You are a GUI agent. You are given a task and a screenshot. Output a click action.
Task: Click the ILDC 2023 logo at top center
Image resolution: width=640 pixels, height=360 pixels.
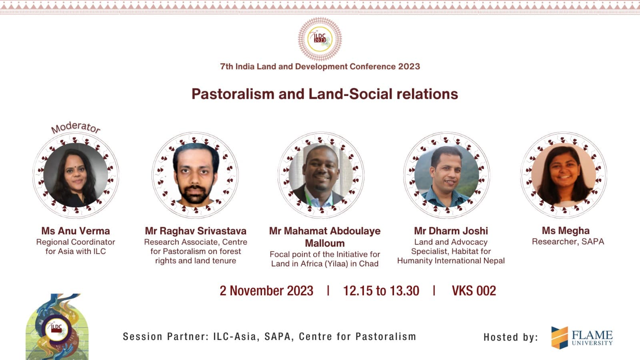(x=320, y=39)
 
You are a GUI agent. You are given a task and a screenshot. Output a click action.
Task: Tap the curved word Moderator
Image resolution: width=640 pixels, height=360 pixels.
(x=76, y=128)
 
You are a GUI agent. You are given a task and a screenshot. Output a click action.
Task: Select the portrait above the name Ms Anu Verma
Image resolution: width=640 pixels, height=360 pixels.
(x=76, y=175)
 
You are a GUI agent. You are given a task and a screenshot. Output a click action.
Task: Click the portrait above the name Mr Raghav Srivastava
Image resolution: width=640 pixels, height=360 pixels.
(x=196, y=175)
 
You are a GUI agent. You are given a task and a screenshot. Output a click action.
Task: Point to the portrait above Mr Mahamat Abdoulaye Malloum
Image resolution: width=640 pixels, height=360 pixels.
(x=321, y=175)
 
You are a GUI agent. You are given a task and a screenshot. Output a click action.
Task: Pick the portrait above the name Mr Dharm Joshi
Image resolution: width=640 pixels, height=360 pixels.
(x=446, y=175)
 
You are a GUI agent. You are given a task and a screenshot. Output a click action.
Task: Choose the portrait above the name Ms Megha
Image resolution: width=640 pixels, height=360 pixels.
(x=564, y=175)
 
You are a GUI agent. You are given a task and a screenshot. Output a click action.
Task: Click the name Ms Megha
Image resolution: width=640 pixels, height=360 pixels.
(x=566, y=230)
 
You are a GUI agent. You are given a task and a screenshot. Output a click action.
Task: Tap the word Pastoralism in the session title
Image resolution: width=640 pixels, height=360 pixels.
(x=233, y=94)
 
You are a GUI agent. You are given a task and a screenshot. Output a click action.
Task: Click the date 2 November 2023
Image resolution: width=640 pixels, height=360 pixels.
(x=266, y=291)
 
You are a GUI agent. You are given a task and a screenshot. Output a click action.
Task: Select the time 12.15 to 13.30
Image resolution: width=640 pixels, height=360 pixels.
(x=381, y=291)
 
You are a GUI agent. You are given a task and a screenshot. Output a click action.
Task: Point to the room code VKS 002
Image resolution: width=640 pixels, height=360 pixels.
(x=474, y=291)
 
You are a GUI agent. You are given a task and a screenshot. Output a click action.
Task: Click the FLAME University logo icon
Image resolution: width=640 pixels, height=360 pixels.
(x=560, y=338)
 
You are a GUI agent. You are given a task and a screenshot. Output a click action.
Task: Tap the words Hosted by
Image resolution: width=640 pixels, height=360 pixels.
(x=511, y=338)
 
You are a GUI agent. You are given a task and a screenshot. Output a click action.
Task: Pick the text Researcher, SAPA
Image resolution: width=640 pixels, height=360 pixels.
(x=568, y=242)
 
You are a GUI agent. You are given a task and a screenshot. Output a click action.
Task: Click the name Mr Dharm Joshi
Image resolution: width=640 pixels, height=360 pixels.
(x=451, y=231)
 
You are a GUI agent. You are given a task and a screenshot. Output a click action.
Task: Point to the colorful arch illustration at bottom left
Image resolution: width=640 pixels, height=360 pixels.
(x=57, y=327)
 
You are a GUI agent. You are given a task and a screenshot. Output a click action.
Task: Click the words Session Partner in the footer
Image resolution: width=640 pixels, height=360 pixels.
(x=166, y=336)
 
